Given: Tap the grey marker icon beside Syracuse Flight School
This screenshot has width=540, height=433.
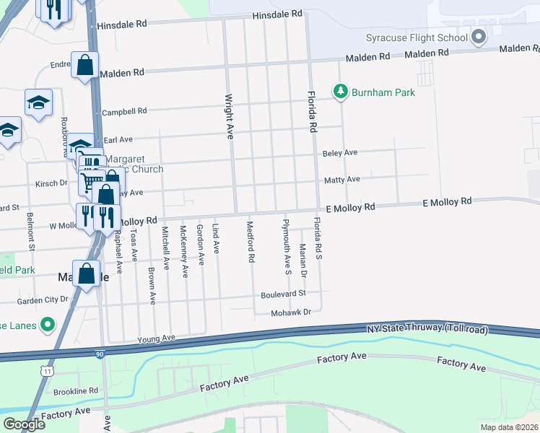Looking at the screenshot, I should [x=478, y=37].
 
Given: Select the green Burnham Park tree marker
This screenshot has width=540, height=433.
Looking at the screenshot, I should [x=340, y=92].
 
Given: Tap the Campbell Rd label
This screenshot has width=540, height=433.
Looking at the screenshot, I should [x=124, y=112].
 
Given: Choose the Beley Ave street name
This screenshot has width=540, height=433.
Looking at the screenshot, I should [x=340, y=153].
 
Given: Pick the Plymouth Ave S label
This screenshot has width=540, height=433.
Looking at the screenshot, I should [x=287, y=247].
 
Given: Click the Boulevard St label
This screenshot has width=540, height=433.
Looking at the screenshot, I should [x=284, y=294].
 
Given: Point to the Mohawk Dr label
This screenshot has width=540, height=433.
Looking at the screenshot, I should [x=291, y=312].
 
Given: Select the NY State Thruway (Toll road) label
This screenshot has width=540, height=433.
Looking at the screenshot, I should [x=427, y=330].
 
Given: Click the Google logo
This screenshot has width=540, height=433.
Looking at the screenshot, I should [x=24, y=424].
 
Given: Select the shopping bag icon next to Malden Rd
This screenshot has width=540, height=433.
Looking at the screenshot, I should [x=85, y=66].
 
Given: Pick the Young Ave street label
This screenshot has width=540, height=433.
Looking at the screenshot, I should [x=157, y=338].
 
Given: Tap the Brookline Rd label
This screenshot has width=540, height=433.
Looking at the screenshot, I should [x=76, y=390].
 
